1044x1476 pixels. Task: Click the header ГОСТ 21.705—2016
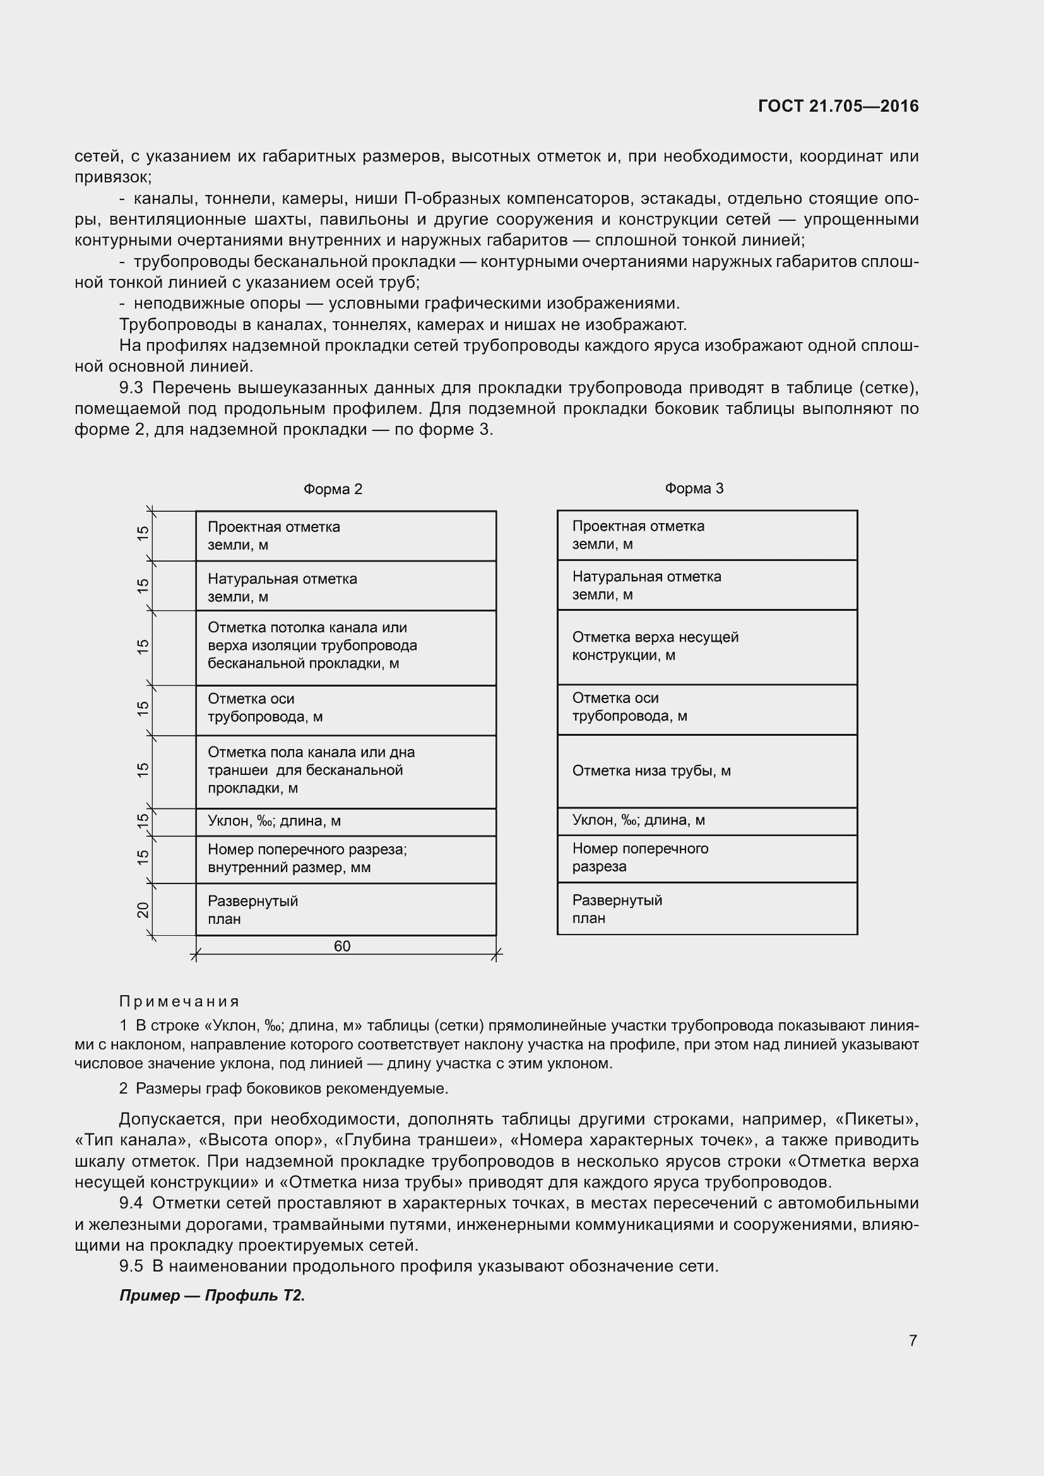(x=838, y=106)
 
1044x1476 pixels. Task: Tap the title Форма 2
(x=333, y=489)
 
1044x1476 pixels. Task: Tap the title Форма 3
(x=694, y=488)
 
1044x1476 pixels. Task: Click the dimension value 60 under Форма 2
(x=342, y=946)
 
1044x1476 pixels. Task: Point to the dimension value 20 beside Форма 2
(x=143, y=910)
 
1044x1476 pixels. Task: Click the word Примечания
(x=179, y=1001)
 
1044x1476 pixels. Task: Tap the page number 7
(x=912, y=1340)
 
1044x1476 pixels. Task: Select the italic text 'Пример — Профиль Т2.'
(x=211, y=1296)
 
